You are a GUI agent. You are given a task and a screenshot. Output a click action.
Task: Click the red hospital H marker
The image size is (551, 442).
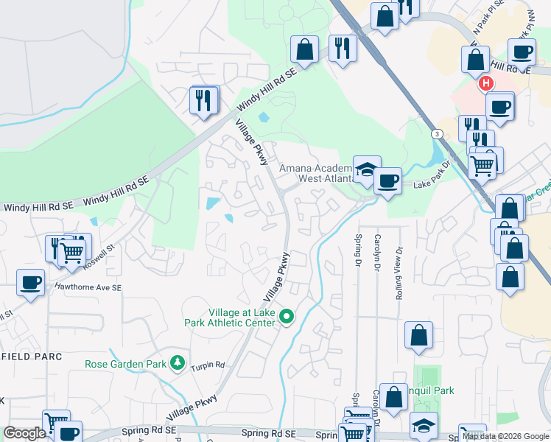click(485, 83)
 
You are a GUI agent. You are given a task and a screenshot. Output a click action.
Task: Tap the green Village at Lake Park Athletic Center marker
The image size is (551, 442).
click(288, 318)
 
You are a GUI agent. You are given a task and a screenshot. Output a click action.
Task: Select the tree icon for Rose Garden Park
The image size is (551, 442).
click(177, 363)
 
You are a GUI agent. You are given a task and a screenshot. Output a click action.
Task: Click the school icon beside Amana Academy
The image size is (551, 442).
click(366, 169)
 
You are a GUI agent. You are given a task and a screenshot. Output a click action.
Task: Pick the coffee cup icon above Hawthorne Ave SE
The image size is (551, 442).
click(31, 282)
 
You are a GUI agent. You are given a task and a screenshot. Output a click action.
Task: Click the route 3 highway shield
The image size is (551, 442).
click(438, 134)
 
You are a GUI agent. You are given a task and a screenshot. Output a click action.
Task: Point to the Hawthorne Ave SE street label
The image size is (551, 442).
click(88, 287)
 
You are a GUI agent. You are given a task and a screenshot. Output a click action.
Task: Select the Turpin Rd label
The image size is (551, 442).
click(208, 366)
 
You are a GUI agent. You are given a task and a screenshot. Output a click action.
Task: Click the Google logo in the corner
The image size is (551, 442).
click(24, 433)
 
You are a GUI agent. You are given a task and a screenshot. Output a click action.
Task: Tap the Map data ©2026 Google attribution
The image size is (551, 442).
click(505, 436)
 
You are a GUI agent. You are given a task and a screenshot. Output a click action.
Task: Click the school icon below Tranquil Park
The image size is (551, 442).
click(424, 425)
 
